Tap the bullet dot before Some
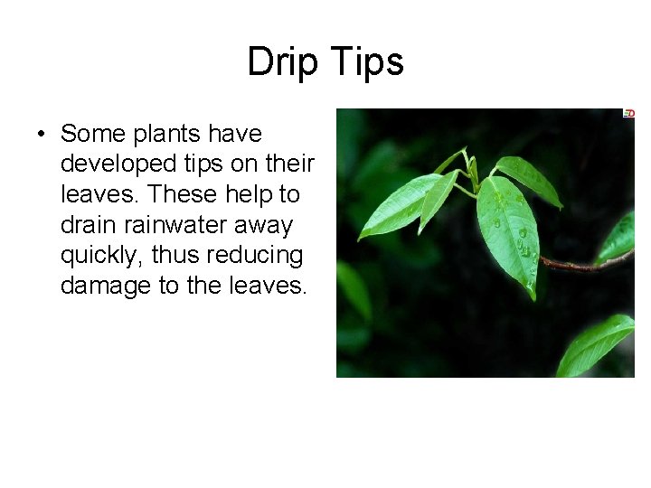tap(42, 136)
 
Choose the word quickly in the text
tap(101, 256)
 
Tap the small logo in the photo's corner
tap(628, 114)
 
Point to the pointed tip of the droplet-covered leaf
tap(534, 296)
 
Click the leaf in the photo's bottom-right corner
tap(597, 346)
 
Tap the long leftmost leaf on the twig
tap(398, 208)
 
